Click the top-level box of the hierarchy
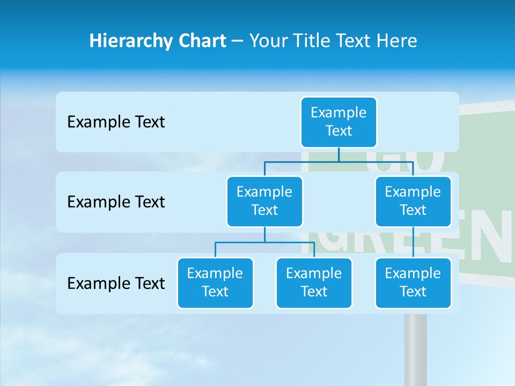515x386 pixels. click(x=339, y=122)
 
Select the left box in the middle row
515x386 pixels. click(x=264, y=201)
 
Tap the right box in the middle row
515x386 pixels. click(x=413, y=201)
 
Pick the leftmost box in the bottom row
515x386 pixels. click(x=215, y=283)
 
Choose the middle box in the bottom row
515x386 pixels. click(x=314, y=283)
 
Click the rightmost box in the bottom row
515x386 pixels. click(x=413, y=283)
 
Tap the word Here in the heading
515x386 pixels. click(x=397, y=41)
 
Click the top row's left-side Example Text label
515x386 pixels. click(x=116, y=122)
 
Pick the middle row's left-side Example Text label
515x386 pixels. click(x=116, y=202)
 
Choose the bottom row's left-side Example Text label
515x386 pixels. click(x=116, y=283)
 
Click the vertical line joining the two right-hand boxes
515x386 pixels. click(x=413, y=242)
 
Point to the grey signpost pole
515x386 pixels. click(x=415, y=348)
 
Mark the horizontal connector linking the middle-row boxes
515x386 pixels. click(x=339, y=161)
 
